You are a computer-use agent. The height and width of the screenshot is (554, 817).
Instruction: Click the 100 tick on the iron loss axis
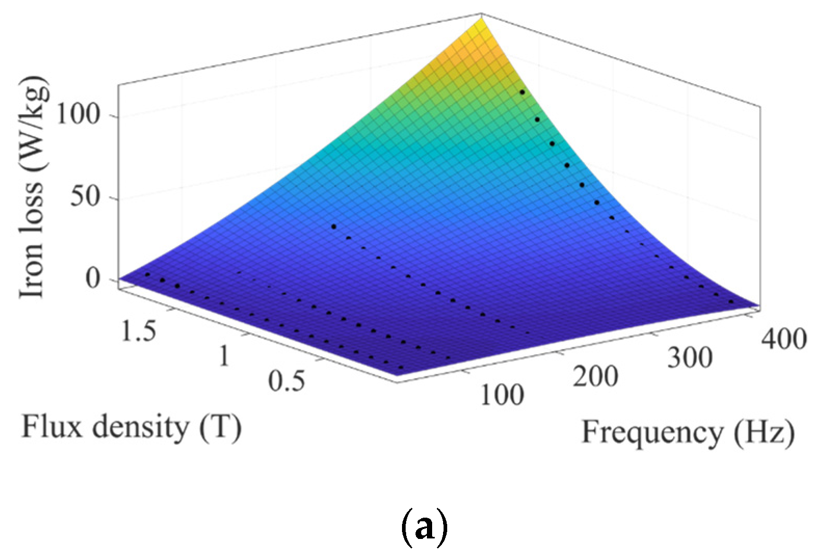(x=78, y=115)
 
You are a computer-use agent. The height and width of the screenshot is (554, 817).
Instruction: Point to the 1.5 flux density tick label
(x=138, y=331)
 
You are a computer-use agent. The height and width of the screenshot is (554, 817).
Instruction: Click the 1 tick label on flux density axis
(x=224, y=356)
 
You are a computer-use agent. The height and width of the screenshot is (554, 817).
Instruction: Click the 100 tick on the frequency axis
(x=502, y=395)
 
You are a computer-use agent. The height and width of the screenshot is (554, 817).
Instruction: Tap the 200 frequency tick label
(x=595, y=376)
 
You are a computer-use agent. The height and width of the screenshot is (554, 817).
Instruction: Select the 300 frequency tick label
(x=689, y=358)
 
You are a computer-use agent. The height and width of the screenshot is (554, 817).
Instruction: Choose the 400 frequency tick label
(x=783, y=339)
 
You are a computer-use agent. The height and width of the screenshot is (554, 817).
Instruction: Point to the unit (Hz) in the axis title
(x=764, y=433)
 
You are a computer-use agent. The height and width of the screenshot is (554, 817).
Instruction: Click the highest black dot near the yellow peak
(x=522, y=92)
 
